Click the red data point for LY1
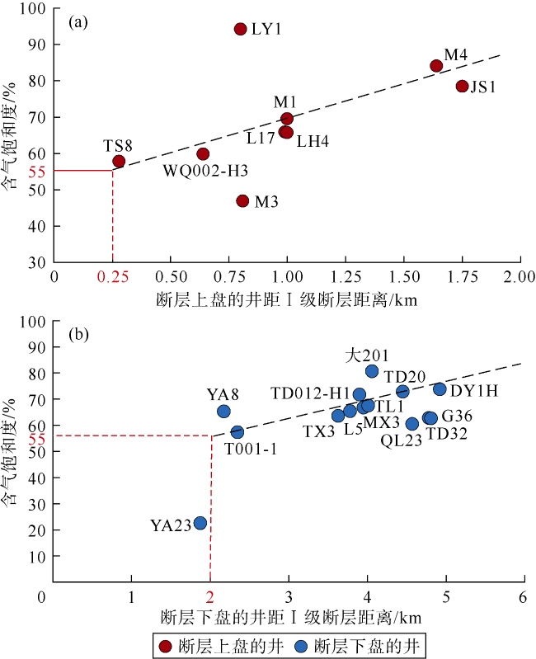(241, 29)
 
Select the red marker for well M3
(242, 200)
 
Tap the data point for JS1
(462, 86)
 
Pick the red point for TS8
(119, 162)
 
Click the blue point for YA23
(200, 523)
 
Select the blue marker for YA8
(223, 411)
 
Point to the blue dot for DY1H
(440, 389)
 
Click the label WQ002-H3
(206, 171)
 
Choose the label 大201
(361, 355)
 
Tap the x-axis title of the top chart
(286, 299)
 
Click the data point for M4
(437, 66)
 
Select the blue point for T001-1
(237, 431)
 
